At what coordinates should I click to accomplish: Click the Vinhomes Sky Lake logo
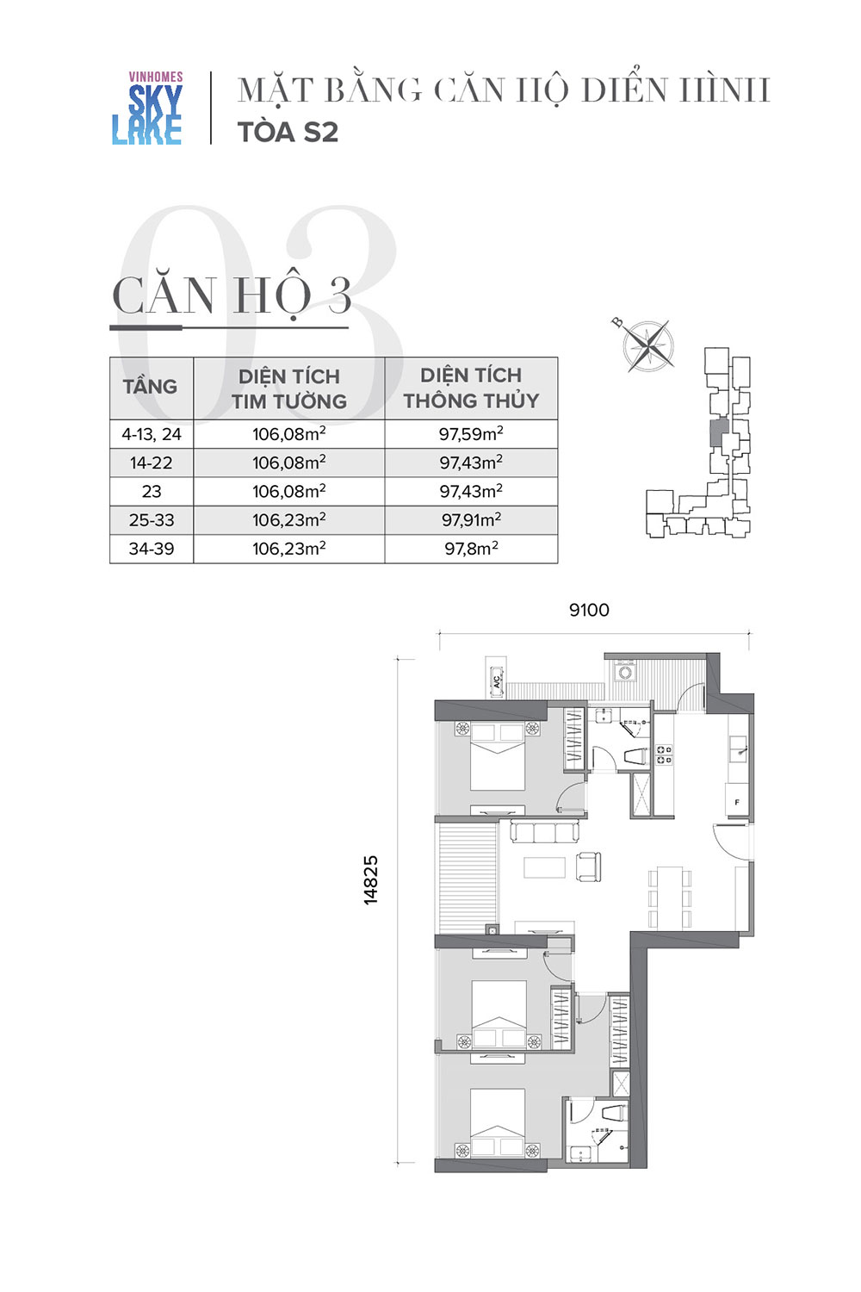pos(147,108)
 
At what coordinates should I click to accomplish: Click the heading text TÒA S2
pos(288,132)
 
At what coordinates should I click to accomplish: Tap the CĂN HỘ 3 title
pos(232,296)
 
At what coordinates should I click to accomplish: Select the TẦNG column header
pos(150,387)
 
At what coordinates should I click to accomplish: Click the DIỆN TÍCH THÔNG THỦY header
pos(471,388)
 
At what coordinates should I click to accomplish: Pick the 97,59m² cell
pos(471,433)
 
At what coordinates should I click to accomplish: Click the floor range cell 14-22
pos(151,463)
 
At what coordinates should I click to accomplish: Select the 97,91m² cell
pos(471,519)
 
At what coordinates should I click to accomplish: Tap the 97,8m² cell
pos(471,548)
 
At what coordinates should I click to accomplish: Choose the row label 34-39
pos(151,549)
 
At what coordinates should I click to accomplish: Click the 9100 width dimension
pos(589,610)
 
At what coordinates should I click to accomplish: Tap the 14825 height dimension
pos(371,879)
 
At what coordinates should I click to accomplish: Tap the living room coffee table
pos(544,867)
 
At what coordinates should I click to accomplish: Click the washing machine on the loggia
pos(624,673)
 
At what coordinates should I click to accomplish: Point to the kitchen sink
pos(737,748)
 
